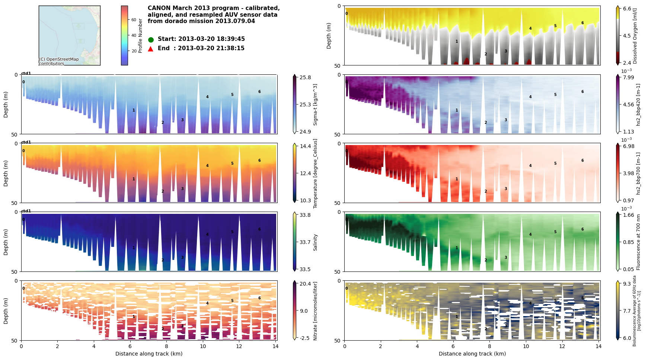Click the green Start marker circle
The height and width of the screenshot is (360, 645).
(151, 39)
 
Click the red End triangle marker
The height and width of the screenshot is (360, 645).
(151, 49)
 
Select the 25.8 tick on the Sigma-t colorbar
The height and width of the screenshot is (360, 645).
(305, 77)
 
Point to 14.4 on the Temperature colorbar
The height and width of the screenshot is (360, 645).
(305, 146)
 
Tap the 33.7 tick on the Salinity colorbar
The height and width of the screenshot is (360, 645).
(305, 242)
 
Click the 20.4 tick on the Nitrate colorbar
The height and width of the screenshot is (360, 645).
(305, 284)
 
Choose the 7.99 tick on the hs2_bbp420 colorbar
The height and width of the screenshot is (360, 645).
(629, 77)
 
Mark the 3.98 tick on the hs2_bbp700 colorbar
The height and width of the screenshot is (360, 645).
(629, 173)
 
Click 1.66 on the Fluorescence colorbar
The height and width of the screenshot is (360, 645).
(629, 215)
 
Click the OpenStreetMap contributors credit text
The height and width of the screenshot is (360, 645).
(59, 61)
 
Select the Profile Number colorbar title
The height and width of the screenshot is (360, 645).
(140, 36)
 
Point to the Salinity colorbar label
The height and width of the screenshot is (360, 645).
(315, 242)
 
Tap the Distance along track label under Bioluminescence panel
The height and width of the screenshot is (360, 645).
(472, 354)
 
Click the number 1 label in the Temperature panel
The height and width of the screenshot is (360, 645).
(134, 179)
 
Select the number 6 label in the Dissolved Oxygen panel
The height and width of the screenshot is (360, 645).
(582, 23)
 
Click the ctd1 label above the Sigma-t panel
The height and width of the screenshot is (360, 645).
(26, 73)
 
